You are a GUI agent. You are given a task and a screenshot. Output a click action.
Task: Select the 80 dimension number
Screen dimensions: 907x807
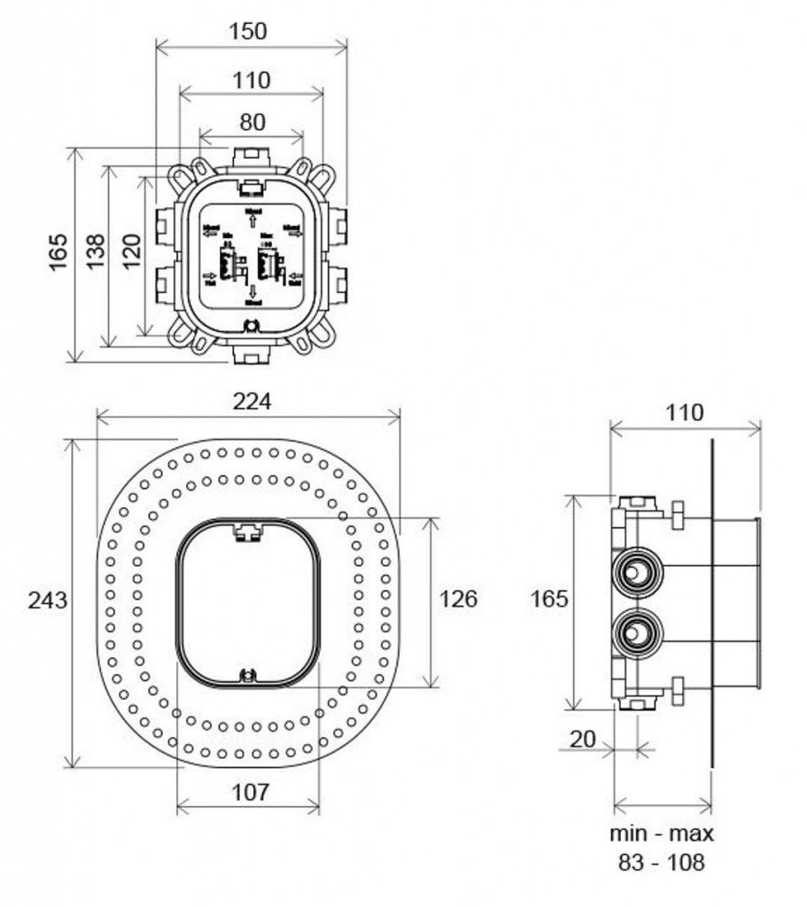point(252,123)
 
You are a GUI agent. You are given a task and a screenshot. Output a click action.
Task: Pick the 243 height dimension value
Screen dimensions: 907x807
point(47,600)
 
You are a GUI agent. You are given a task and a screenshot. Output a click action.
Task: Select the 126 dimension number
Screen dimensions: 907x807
point(459,599)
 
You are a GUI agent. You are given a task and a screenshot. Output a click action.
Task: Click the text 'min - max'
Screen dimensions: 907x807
point(661,833)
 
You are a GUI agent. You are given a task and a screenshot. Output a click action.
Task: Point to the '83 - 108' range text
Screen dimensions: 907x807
point(662,862)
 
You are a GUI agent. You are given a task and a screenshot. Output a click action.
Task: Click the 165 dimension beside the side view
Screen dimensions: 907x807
point(549,600)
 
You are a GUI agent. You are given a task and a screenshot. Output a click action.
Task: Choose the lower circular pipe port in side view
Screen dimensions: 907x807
point(635,633)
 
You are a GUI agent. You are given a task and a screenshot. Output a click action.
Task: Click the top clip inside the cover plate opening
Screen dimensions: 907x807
point(249,531)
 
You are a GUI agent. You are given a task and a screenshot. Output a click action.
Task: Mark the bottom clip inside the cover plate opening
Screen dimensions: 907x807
point(249,675)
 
